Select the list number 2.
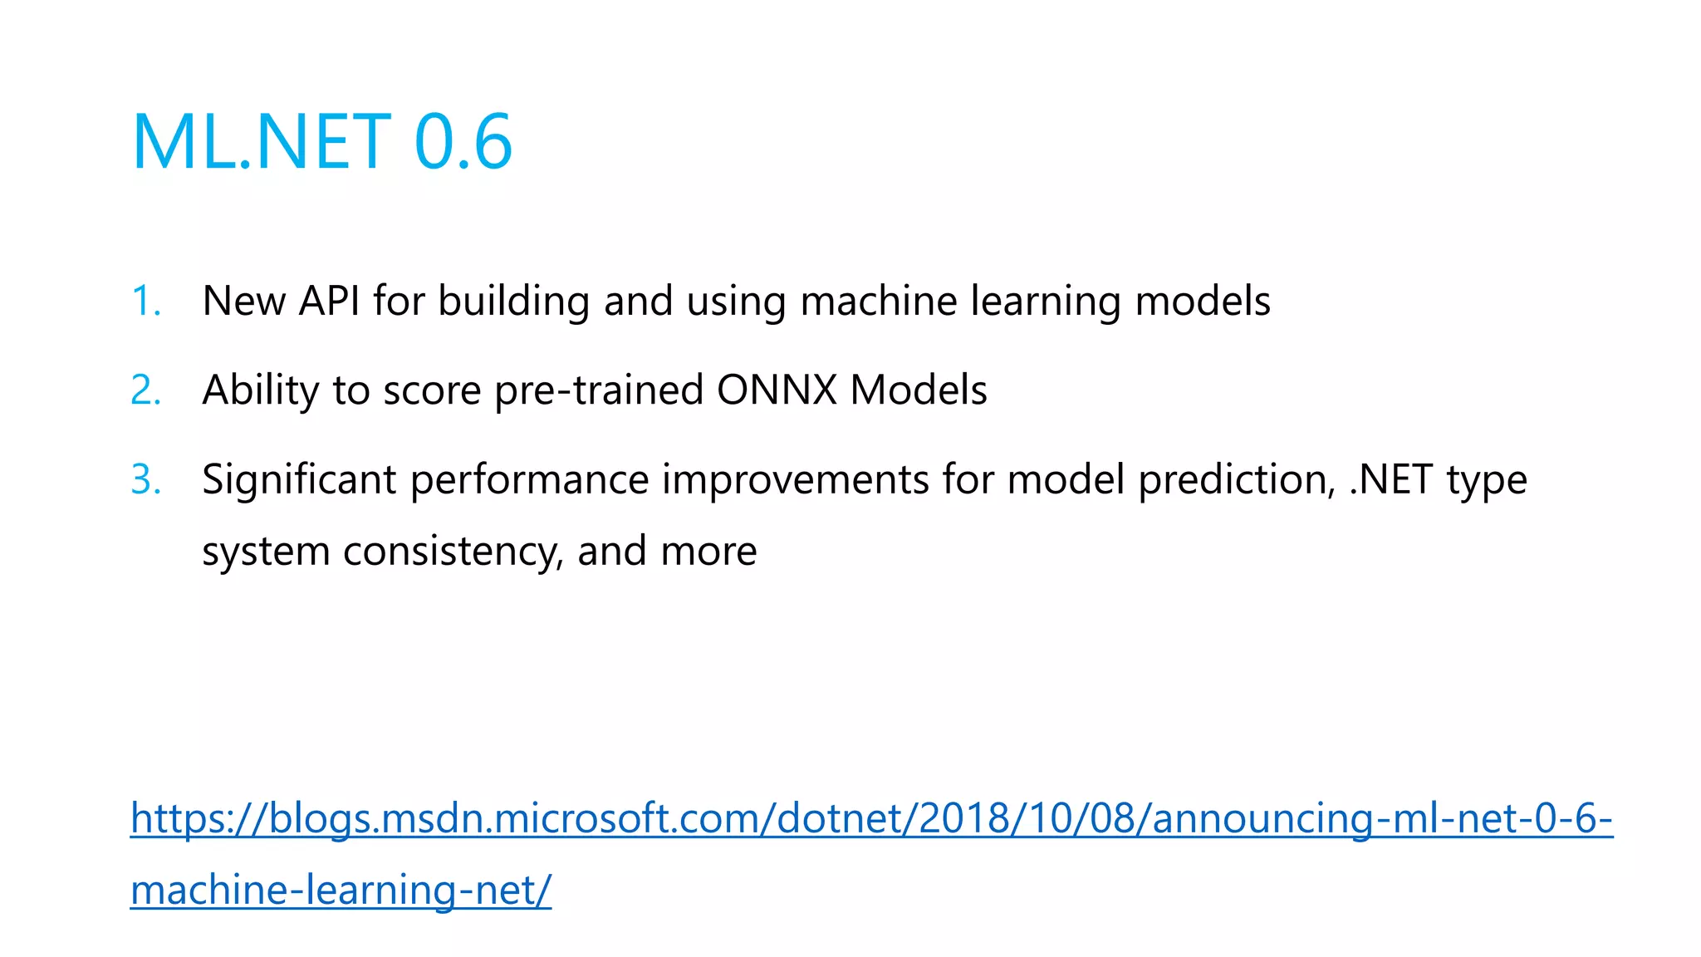pyautogui.click(x=145, y=390)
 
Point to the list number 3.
pyautogui.click(x=145, y=479)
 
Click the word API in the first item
pyautogui.click(x=329, y=301)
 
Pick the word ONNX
pyautogui.click(x=777, y=390)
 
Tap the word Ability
pyautogui.click(x=261, y=390)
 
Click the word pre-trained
pyautogui.click(x=599, y=390)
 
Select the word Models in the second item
pyautogui.click(x=919, y=390)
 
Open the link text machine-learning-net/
pyautogui.click(x=341, y=890)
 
